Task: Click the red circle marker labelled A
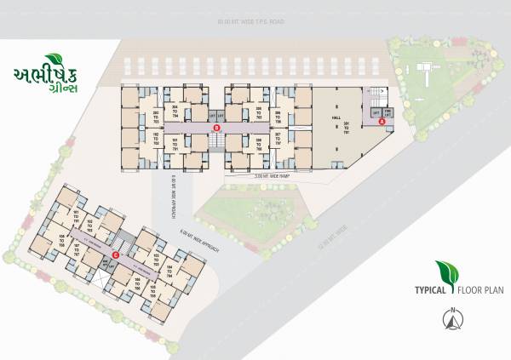click(x=382, y=122)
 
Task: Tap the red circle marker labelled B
click(x=216, y=128)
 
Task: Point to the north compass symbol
click(x=451, y=319)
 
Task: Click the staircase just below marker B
click(x=216, y=143)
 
